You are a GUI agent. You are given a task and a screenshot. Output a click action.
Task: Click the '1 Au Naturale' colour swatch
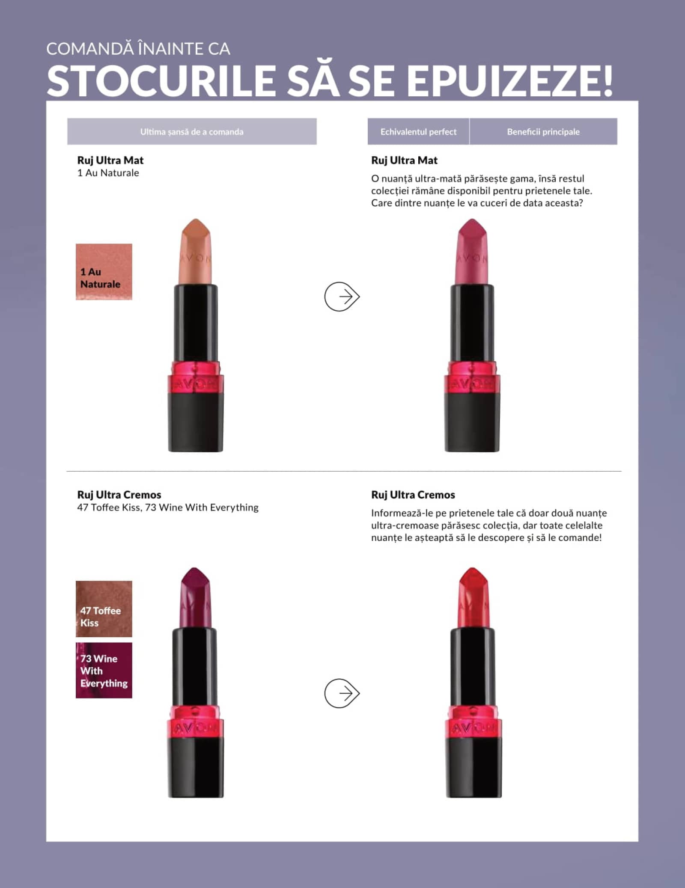[104, 272]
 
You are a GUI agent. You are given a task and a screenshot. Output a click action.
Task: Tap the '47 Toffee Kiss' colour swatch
[104, 609]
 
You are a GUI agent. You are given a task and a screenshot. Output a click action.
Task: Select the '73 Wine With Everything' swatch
[104, 670]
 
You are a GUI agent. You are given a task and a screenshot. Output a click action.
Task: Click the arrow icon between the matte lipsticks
[342, 297]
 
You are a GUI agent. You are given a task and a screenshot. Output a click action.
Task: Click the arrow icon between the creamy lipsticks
[342, 693]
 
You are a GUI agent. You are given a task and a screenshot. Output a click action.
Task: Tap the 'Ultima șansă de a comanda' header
[192, 132]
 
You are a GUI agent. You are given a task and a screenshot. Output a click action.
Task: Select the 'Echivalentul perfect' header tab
[418, 132]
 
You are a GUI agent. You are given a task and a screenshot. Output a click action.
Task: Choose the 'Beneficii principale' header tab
[543, 132]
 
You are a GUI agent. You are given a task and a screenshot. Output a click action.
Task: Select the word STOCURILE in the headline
[161, 81]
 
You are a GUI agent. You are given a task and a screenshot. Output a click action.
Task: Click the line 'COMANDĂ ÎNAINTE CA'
[138, 48]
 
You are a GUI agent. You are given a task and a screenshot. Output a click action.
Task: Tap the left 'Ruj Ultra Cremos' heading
[119, 495]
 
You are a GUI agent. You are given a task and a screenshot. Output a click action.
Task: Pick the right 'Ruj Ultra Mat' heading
[404, 160]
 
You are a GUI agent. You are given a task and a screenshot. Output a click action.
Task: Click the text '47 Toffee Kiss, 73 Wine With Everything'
[168, 508]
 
